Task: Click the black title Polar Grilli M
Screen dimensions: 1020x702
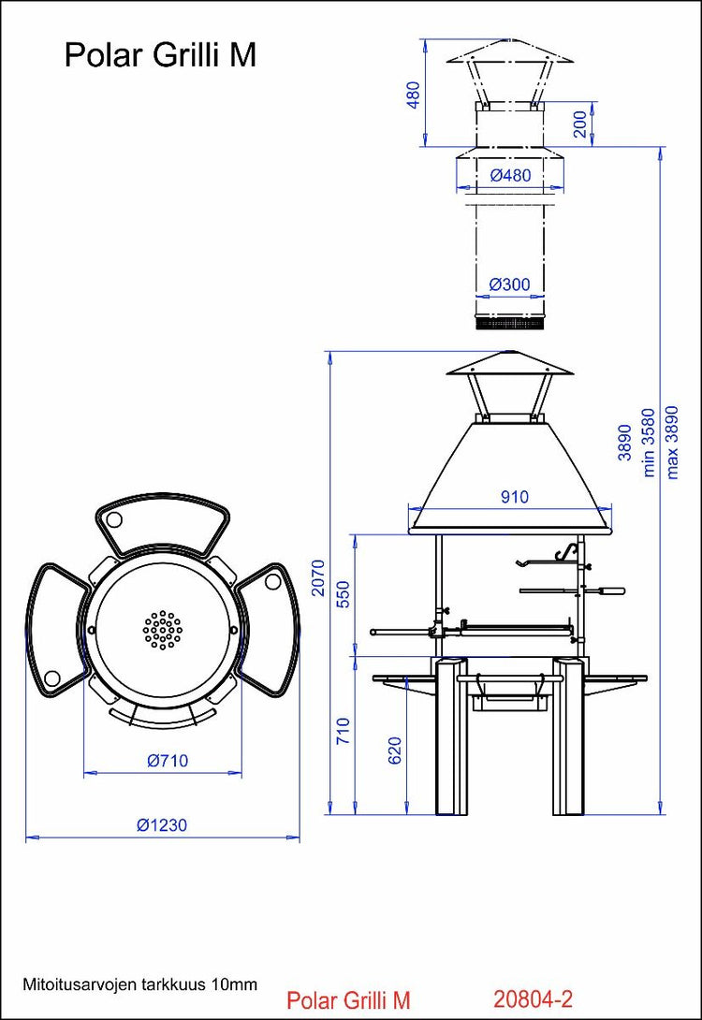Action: tap(160, 55)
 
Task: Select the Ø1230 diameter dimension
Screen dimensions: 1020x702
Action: tap(162, 824)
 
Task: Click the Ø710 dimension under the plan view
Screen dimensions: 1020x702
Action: tap(168, 761)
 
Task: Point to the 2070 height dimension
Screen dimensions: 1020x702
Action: tap(318, 578)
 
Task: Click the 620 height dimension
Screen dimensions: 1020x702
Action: tap(394, 752)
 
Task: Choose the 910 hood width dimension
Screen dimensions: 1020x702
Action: tap(514, 497)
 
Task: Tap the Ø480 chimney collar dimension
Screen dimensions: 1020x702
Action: tap(510, 175)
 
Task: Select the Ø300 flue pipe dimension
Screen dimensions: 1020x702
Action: tap(510, 284)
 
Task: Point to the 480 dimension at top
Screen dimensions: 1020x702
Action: tap(414, 94)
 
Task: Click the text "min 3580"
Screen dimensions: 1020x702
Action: tap(648, 442)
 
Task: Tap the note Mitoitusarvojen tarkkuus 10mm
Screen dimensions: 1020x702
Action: tap(139, 984)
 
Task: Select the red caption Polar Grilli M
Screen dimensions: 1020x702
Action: tap(348, 999)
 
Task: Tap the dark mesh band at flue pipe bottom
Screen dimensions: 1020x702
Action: tap(510, 324)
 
